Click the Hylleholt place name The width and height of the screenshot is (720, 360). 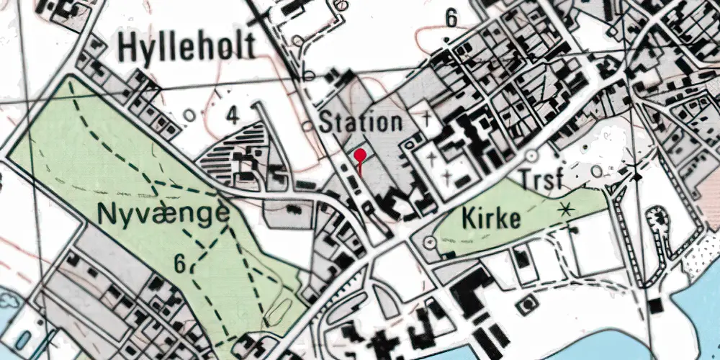click(186, 48)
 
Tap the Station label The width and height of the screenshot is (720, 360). click(361, 122)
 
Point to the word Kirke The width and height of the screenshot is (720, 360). click(491, 218)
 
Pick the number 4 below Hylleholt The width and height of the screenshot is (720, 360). click(232, 114)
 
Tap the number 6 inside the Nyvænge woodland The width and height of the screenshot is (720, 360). click(181, 264)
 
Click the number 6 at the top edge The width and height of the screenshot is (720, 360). click(451, 19)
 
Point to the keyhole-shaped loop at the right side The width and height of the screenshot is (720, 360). click(656, 223)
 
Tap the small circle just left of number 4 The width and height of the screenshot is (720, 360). click(190, 114)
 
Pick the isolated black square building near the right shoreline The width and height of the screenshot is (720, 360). click(655, 305)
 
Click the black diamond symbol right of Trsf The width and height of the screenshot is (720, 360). click(636, 174)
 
